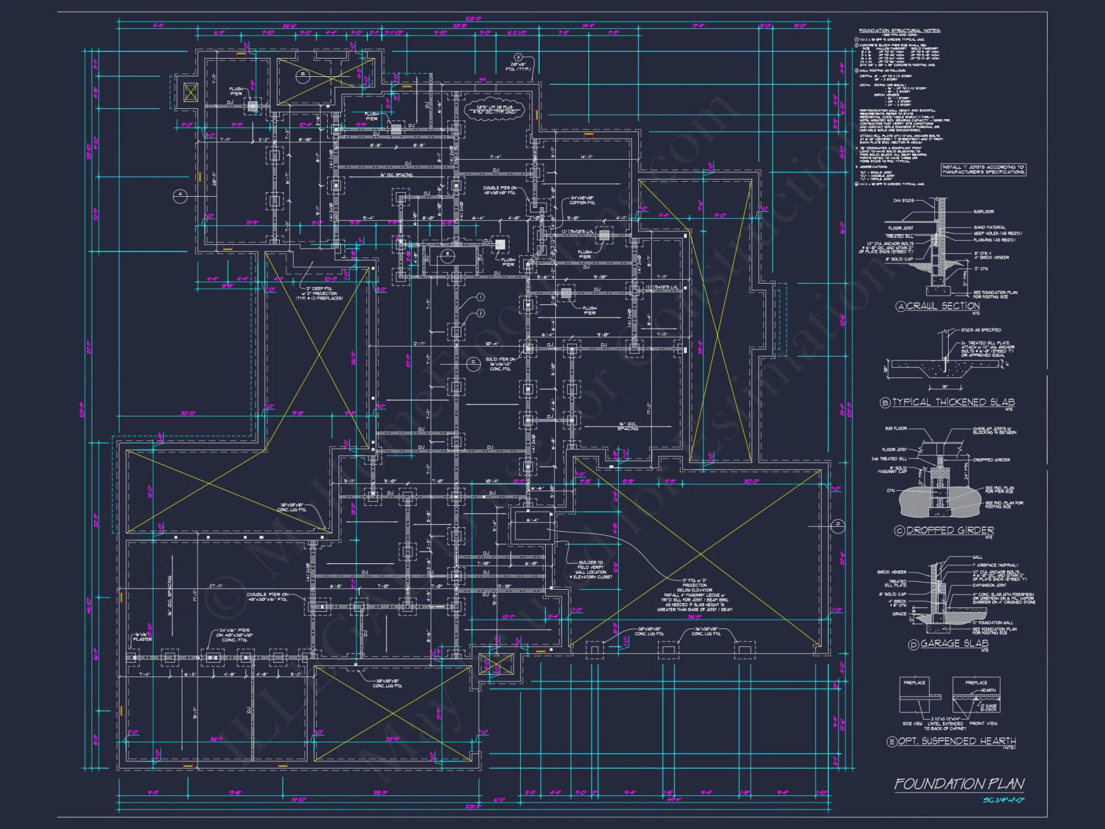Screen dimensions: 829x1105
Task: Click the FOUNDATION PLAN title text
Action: [x=959, y=784]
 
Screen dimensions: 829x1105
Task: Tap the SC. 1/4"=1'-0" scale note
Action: [x=1003, y=800]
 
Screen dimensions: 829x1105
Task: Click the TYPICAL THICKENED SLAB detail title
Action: [x=953, y=402]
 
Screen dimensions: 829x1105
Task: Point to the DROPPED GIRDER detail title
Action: [x=950, y=531]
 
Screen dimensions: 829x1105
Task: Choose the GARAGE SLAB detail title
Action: [x=954, y=643]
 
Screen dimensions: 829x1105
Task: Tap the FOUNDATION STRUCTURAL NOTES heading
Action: [x=899, y=31]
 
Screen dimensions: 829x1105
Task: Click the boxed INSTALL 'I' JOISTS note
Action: [x=983, y=169]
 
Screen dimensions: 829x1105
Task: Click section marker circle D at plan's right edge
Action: [x=838, y=524]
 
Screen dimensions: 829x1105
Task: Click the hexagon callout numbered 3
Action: [x=518, y=57]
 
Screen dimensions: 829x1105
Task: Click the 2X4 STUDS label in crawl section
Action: [x=904, y=201]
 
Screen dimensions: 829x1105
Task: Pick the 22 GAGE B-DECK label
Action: [x=989, y=707]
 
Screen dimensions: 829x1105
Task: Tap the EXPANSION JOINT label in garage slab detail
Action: [x=990, y=585]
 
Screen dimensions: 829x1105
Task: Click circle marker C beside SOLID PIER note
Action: [x=473, y=363]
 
